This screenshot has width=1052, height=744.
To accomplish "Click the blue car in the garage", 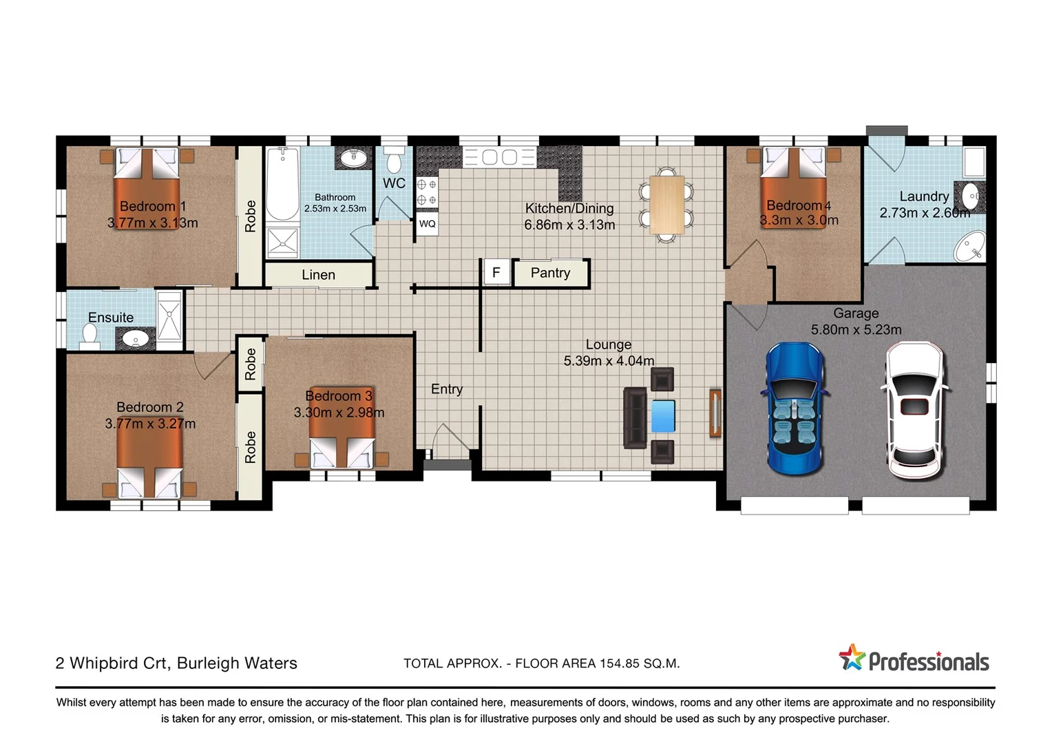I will click(x=795, y=409).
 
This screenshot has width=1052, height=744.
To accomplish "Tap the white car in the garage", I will click(x=914, y=409).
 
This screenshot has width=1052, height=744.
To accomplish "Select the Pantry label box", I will click(x=551, y=273).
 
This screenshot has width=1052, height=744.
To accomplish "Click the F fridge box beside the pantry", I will click(x=496, y=273).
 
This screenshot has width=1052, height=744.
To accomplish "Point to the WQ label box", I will click(x=427, y=224).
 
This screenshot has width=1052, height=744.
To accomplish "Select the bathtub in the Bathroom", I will click(x=282, y=184).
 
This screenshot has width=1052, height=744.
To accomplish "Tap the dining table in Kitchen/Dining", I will click(x=666, y=205).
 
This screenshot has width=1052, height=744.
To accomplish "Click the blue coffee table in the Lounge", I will click(x=663, y=416).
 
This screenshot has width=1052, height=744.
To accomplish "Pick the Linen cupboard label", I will click(x=318, y=275).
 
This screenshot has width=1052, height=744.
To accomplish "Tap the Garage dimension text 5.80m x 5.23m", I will click(x=856, y=330).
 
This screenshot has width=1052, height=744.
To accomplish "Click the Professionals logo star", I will click(x=852, y=658).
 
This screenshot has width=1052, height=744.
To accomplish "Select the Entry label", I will click(x=447, y=389).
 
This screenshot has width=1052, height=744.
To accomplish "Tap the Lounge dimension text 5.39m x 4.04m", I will click(x=609, y=361).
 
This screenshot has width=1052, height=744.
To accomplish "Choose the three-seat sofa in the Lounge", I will click(x=635, y=417).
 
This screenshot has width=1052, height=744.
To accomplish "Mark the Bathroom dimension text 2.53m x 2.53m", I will click(x=335, y=209).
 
